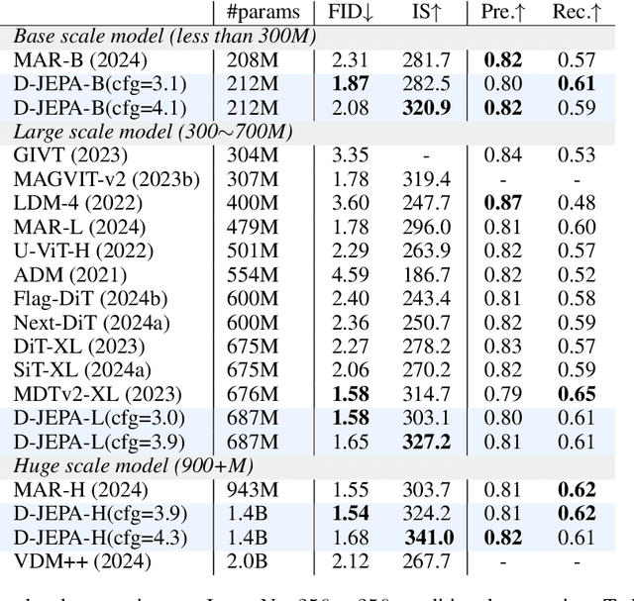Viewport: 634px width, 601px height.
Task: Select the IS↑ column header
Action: [x=428, y=13]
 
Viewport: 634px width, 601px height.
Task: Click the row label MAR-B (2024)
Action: [x=80, y=60]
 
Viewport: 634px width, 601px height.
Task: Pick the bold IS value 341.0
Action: [x=428, y=537]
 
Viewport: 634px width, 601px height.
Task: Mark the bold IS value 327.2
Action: [x=428, y=441]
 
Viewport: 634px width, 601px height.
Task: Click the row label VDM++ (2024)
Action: [x=82, y=561]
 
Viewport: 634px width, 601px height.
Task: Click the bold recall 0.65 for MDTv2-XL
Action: [x=577, y=393]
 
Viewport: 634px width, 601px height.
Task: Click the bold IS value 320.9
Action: [x=428, y=107]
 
